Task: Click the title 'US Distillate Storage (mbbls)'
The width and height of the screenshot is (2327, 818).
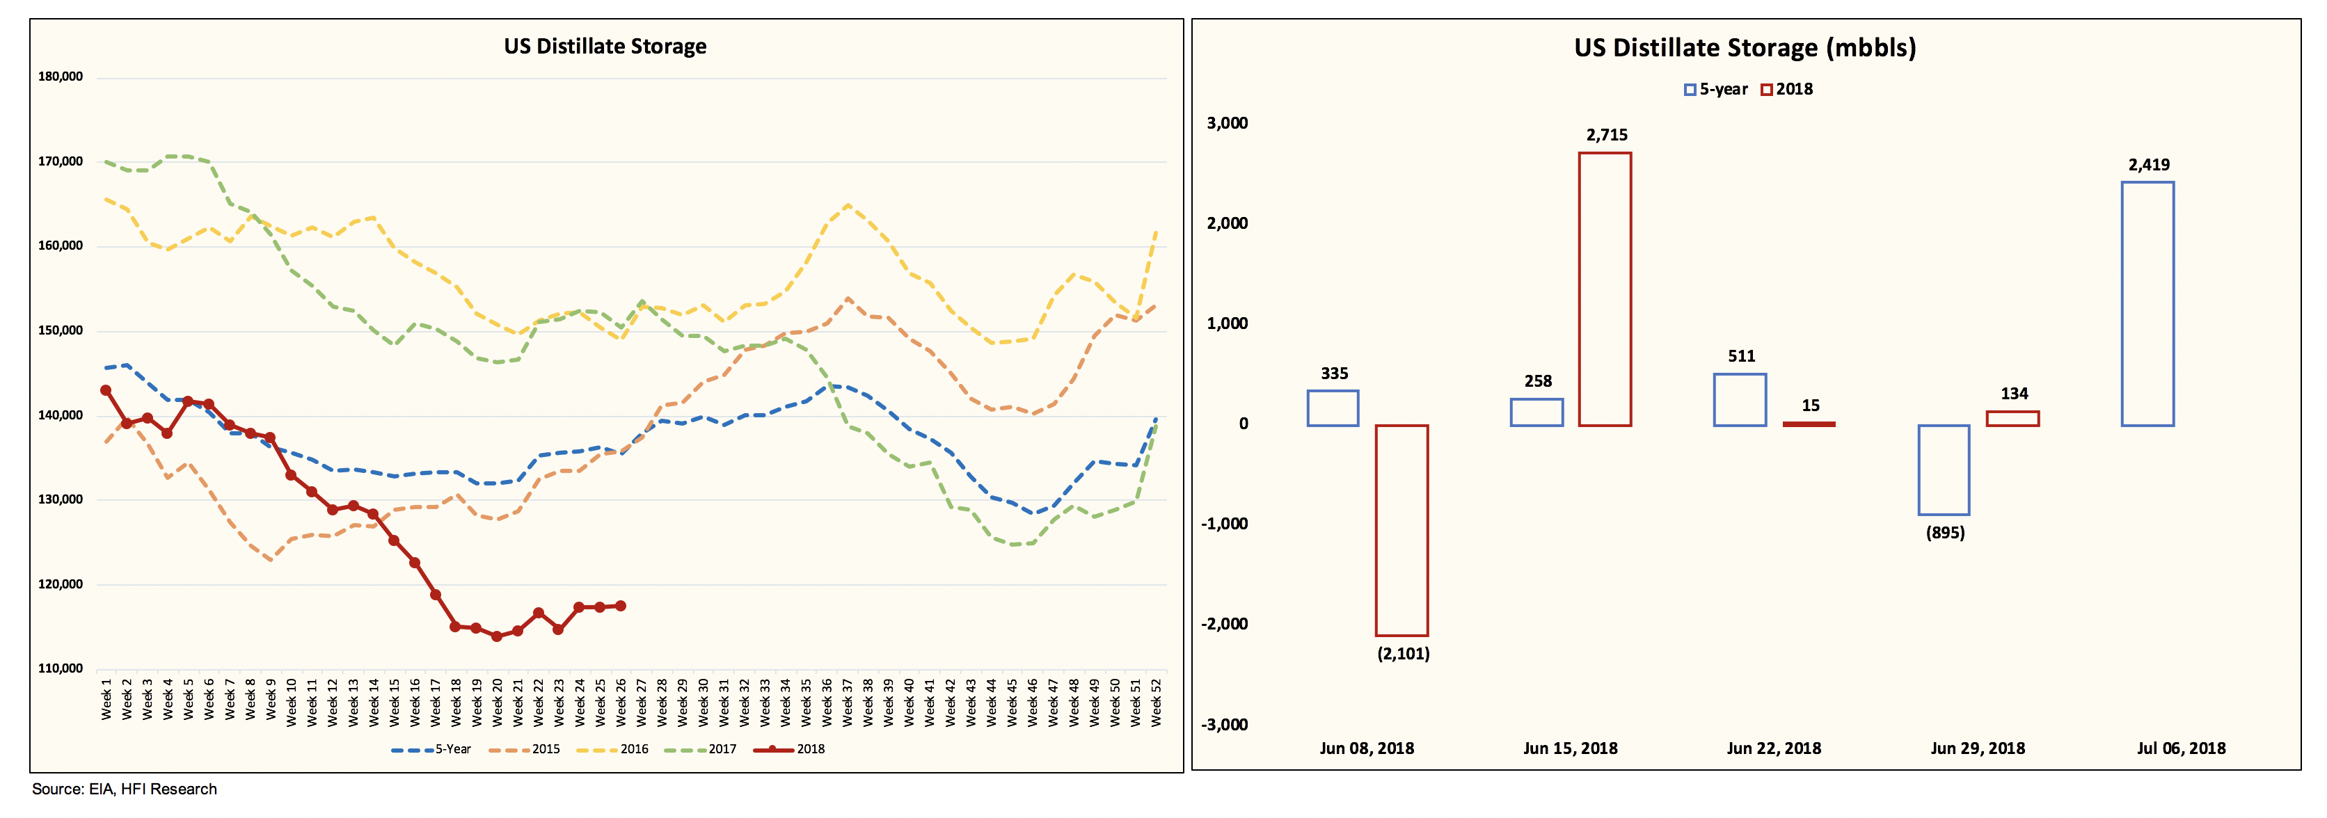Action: [x=1745, y=48]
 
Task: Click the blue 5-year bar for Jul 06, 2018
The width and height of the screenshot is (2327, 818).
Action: [x=2147, y=303]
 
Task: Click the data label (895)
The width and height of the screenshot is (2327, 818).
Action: [x=1945, y=533]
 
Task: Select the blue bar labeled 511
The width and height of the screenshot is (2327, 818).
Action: [x=1740, y=400]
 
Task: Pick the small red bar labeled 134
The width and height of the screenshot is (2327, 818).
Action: [x=2012, y=418]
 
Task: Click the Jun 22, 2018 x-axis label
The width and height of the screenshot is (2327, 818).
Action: [x=1773, y=748]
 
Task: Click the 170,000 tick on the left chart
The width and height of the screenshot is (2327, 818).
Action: [x=61, y=161]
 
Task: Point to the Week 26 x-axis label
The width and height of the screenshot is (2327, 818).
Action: [x=621, y=700]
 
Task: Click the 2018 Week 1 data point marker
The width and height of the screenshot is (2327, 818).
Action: [x=106, y=390]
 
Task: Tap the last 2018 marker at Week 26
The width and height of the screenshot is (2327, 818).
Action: [x=621, y=606]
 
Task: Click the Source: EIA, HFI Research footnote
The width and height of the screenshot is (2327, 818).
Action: [x=125, y=789]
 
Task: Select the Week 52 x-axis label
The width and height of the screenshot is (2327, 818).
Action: [x=1155, y=700]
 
